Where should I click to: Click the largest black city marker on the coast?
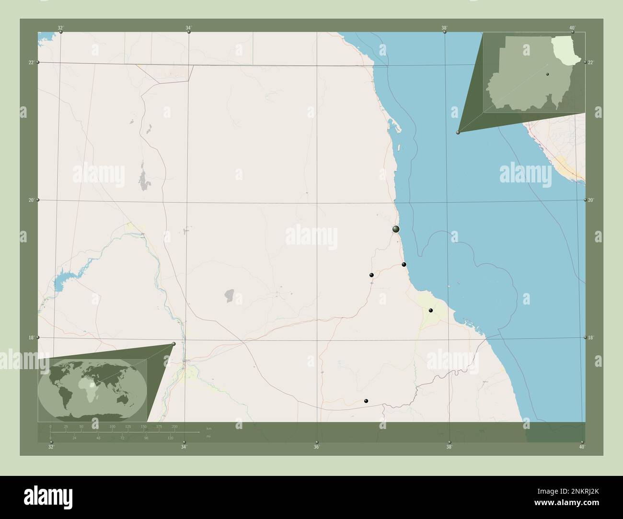point(396,229)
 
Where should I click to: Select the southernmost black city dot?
point(366,401)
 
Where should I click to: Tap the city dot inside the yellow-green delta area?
point(431,311)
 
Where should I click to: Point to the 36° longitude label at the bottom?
point(316,447)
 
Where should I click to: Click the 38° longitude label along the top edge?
point(445,28)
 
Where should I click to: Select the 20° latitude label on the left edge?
point(31,200)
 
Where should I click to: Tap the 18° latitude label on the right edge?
point(591,338)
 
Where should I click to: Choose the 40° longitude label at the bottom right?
point(582,447)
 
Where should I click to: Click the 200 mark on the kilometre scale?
point(174,426)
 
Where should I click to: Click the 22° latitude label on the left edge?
point(31,62)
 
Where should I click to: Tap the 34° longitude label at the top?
point(188,28)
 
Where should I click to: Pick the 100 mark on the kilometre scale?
point(112,426)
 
